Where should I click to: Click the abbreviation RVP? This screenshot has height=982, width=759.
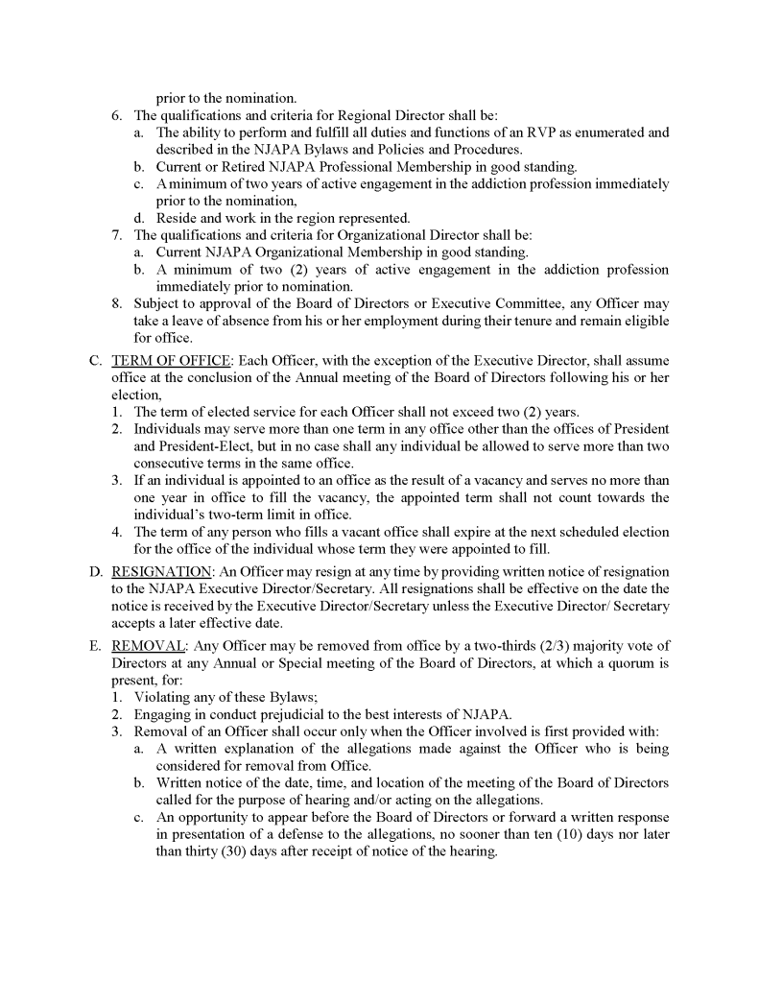(549, 132)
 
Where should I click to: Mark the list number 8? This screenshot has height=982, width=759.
(116, 304)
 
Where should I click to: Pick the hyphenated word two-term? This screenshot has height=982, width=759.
(241, 515)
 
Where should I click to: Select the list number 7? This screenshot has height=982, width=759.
(116, 235)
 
